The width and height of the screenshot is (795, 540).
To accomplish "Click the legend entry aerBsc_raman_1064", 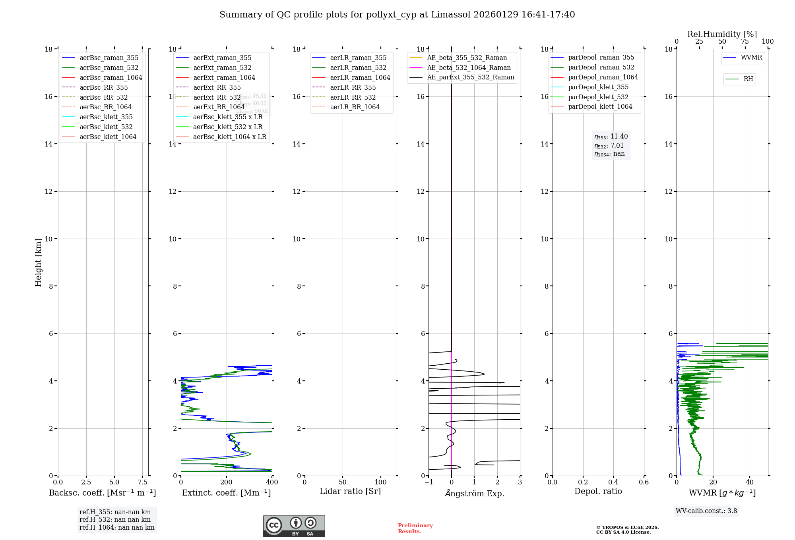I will click(x=111, y=77).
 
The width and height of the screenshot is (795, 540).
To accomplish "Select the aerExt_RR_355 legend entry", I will click(x=217, y=87).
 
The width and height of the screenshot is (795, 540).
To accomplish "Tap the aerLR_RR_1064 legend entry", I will click(x=355, y=107).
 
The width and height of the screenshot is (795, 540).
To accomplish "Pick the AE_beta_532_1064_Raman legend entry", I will click(x=469, y=67).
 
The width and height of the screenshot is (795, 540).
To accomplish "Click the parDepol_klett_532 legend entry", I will click(x=598, y=97).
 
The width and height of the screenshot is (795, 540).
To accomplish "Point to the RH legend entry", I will click(x=748, y=79).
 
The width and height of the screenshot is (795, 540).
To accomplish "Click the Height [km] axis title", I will click(x=38, y=262).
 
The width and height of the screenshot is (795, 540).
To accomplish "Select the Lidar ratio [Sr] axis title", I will click(x=350, y=491).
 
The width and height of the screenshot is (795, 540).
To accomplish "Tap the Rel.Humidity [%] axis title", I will click(x=722, y=34).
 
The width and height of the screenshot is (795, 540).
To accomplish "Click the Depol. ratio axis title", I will click(x=598, y=491).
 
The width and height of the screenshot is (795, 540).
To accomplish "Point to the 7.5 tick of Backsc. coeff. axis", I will click(x=143, y=482).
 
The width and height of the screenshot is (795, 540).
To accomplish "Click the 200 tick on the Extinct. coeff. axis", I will click(x=227, y=482).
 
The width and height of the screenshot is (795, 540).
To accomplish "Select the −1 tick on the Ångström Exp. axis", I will click(x=429, y=482).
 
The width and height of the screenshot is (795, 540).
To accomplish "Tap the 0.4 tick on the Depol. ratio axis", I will click(x=613, y=482).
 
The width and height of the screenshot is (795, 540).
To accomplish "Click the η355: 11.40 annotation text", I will click(x=611, y=137).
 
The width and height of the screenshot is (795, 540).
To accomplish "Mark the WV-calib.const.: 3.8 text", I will click(x=706, y=511).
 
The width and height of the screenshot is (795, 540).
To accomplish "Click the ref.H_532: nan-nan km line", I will click(x=115, y=519).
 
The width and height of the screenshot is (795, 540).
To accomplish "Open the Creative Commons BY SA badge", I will click(x=294, y=526).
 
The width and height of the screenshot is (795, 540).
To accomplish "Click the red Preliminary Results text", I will click(x=415, y=528).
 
